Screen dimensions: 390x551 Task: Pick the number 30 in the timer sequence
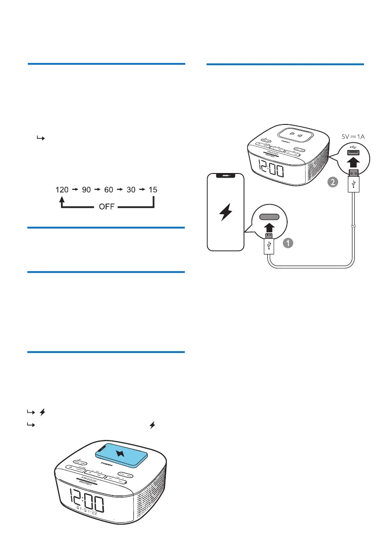tap(132, 190)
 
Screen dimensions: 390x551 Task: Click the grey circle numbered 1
tap(287, 242)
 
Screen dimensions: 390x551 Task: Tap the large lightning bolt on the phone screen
tap(226, 212)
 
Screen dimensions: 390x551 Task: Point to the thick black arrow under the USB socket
tap(353, 161)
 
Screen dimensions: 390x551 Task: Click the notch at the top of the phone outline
tap(226, 175)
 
